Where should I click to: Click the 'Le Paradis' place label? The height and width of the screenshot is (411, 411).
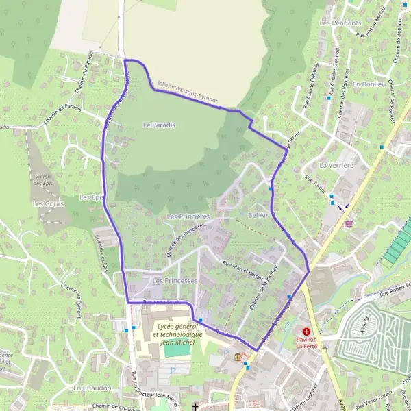point(159,125)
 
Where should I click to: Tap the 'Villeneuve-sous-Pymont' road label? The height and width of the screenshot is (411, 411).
point(188,94)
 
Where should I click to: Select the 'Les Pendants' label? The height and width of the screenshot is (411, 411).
point(340,23)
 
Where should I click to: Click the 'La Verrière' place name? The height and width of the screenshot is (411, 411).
point(336,166)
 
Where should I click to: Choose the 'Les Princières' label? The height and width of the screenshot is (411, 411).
point(188,216)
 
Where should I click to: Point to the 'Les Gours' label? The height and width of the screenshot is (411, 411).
point(48,204)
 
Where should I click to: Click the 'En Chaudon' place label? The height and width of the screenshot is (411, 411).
point(91,388)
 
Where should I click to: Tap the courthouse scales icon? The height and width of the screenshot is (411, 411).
point(238,356)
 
